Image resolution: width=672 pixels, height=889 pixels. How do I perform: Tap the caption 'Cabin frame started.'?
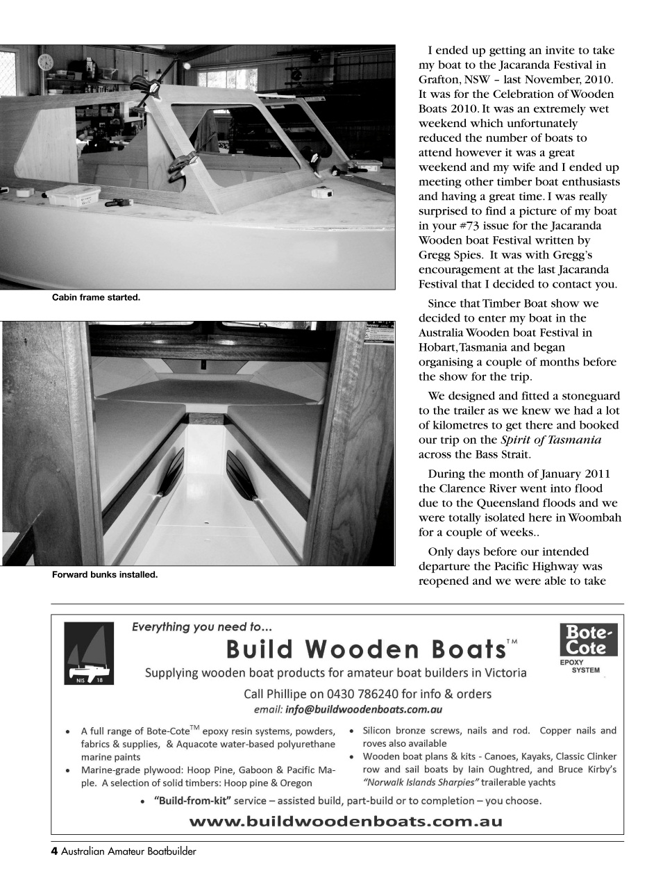96,297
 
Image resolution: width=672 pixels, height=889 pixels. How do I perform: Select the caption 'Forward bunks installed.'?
105,574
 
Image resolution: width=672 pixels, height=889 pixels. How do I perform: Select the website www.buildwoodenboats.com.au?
346,821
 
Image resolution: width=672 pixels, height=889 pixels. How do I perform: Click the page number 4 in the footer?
54,851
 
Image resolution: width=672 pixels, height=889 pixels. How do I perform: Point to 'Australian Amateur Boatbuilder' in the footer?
128,852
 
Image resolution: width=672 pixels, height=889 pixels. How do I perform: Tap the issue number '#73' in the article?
477,226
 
